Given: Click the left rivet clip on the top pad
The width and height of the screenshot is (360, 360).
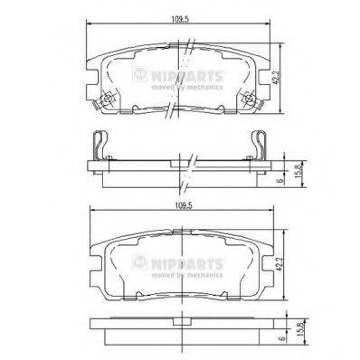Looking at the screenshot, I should pos(106,99).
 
